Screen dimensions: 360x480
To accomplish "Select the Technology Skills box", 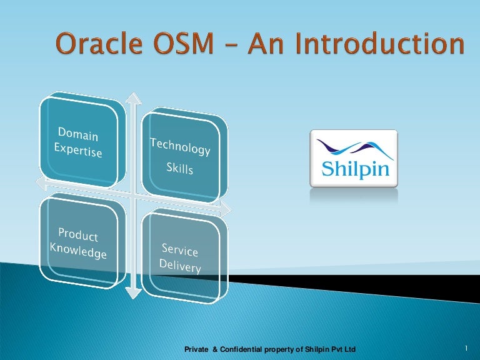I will pos(180,157).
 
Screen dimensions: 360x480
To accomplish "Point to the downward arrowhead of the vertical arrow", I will pos(131,293).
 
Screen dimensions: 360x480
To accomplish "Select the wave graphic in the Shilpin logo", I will pos(354,148).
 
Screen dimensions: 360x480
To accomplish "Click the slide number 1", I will pos(466,347).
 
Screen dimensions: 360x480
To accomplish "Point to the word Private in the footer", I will pos(197,348).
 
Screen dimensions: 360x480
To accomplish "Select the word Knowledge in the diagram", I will pos(78,250).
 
